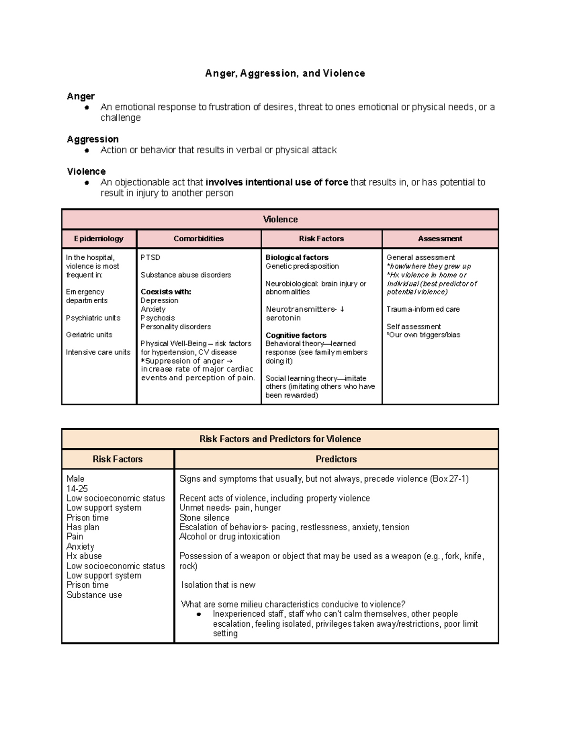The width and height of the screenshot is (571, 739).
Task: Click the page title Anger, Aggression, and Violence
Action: [x=285, y=73]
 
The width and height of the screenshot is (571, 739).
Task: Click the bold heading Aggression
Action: [x=93, y=139]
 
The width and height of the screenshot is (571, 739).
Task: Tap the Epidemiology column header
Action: [x=98, y=238]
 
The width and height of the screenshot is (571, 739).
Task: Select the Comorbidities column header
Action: [x=198, y=238]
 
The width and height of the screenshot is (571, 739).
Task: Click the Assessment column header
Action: [x=440, y=238]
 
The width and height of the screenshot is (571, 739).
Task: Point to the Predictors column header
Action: [x=336, y=459]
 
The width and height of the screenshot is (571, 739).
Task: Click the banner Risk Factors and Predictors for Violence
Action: [x=280, y=439]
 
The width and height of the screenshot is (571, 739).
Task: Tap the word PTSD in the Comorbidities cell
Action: [x=150, y=257]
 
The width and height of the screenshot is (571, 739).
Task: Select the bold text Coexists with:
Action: [x=166, y=292]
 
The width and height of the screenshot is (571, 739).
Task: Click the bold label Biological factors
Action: [x=297, y=257]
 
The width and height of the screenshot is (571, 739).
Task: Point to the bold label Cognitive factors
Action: [x=296, y=335]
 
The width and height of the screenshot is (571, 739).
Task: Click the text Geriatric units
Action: [x=89, y=335]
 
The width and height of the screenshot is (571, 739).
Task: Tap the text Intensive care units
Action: [x=98, y=352]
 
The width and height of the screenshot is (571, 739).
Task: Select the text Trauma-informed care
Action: [x=423, y=309]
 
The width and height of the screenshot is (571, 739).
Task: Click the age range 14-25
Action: [x=77, y=489]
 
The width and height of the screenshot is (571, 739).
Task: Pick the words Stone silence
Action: [x=204, y=518]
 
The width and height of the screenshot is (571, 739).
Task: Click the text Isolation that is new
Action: [x=218, y=585]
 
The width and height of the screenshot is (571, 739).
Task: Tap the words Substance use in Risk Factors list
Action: [x=94, y=595]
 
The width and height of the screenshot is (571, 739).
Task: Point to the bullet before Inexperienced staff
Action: [x=199, y=614]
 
